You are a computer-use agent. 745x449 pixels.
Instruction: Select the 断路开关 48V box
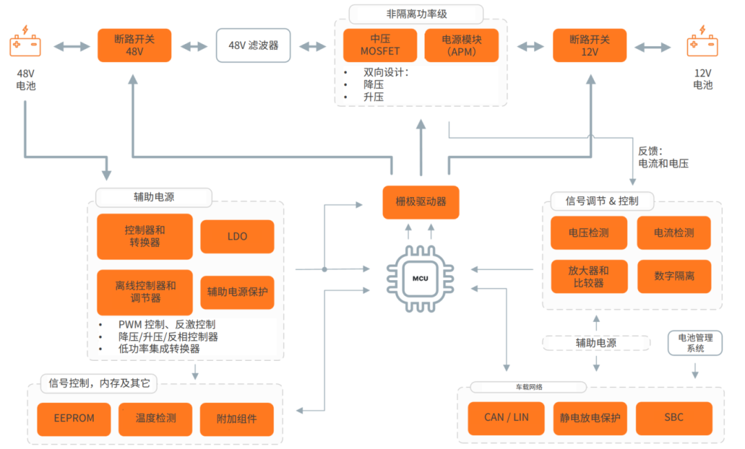coord(135,46)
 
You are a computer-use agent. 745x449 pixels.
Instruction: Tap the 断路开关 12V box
coord(590,46)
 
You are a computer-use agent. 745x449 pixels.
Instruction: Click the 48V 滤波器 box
coord(253,46)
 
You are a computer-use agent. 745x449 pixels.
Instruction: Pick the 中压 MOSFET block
coord(380,46)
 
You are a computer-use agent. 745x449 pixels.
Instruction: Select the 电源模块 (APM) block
coord(461,46)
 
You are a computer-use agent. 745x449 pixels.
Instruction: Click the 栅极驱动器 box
coord(421,201)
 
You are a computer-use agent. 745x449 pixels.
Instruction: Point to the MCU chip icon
coord(421,279)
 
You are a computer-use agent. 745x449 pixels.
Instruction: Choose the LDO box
coord(237,237)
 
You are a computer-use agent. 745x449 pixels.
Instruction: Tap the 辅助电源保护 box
coord(237,292)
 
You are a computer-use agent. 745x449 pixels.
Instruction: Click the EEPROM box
coord(74,418)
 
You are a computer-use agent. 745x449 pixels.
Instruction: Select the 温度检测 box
coord(156,418)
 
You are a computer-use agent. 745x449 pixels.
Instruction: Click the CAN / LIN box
coord(506,418)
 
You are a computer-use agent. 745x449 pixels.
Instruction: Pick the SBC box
coord(673,418)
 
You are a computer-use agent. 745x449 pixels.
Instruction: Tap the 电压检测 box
coord(588,233)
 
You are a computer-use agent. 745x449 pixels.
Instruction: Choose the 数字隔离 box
coord(674,276)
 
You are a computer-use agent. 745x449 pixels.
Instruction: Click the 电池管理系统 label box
coord(695,343)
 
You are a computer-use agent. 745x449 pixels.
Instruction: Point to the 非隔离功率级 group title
coord(416,14)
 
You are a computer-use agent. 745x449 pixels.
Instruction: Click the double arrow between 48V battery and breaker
coord(72,46)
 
